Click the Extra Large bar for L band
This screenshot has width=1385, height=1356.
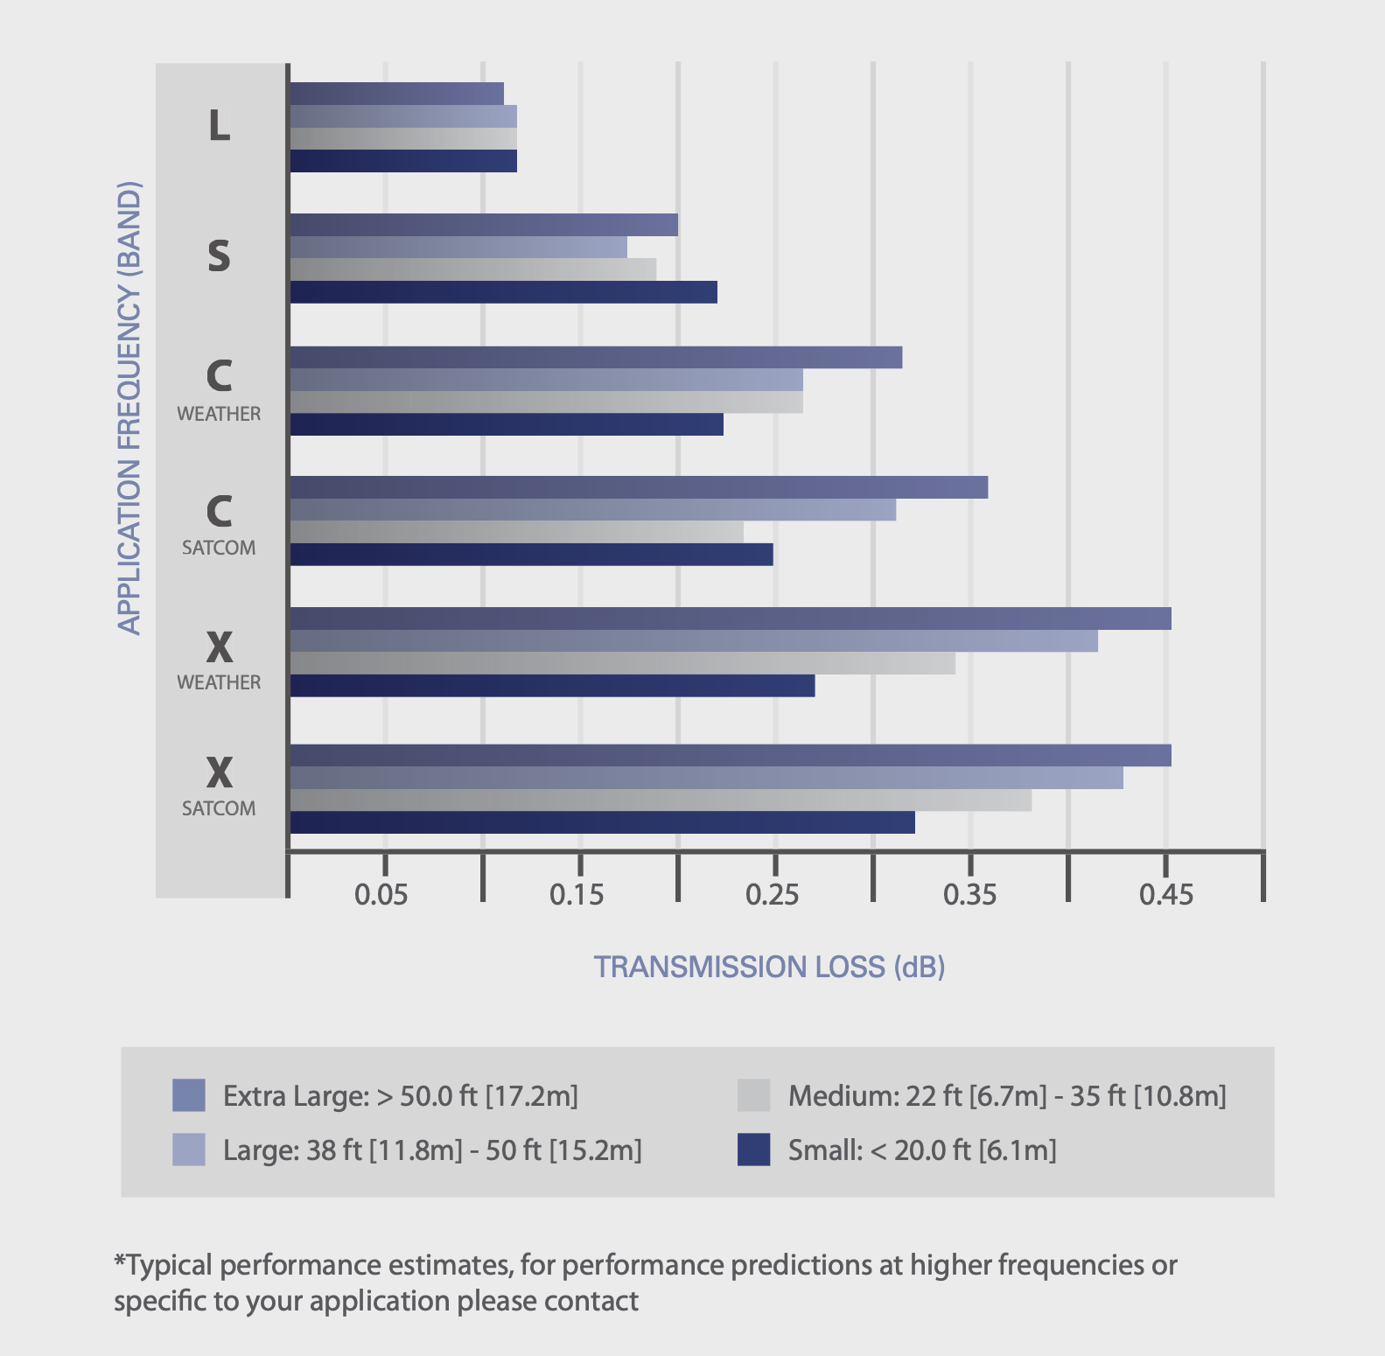pyautogui.click(x=396, y=94)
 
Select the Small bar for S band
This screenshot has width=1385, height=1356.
pyautogui.click(x=503, y=292)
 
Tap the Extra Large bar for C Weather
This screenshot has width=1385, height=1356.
pyautogui.click(x=595, y=358)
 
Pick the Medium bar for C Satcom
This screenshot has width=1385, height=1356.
pyautogui.click(x=516, y=532)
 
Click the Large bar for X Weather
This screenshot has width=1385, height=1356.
pyautogui.click(x=693, y=641)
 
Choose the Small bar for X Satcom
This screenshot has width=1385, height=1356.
pyautogui.click(x=602, y=822)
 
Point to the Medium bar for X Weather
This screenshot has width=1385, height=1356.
pyautogui.click(x=622, y=663)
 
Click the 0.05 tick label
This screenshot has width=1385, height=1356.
pyautogui.click(x=381, y=895)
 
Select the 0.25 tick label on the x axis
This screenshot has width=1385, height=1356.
pyautogui.click(x=773, y=895)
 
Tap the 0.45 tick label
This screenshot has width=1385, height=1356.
pyautogui.click(x=1165, y=895)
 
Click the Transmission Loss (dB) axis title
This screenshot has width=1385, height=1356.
pyautogui.click(x=769, y=967)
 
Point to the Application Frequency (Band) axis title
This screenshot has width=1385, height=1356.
pyautogui.click(x=129, y=407)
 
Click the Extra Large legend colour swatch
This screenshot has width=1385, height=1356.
pyautogui.click(x=189, y=1095)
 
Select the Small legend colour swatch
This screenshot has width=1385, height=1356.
pyautogui.click(x=753, y=1150)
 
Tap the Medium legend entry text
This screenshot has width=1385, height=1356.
pyautogui.click(x=1007, y=1096)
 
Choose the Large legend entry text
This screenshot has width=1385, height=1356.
pyautogui.click(x=432, y=1150)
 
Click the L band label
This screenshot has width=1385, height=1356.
pyautogui.click(x=219, y=126)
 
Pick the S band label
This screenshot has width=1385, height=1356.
pyautogui.click(x=219, y=256)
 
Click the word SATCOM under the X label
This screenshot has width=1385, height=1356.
pyautogui.click(x=219, y=808)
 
